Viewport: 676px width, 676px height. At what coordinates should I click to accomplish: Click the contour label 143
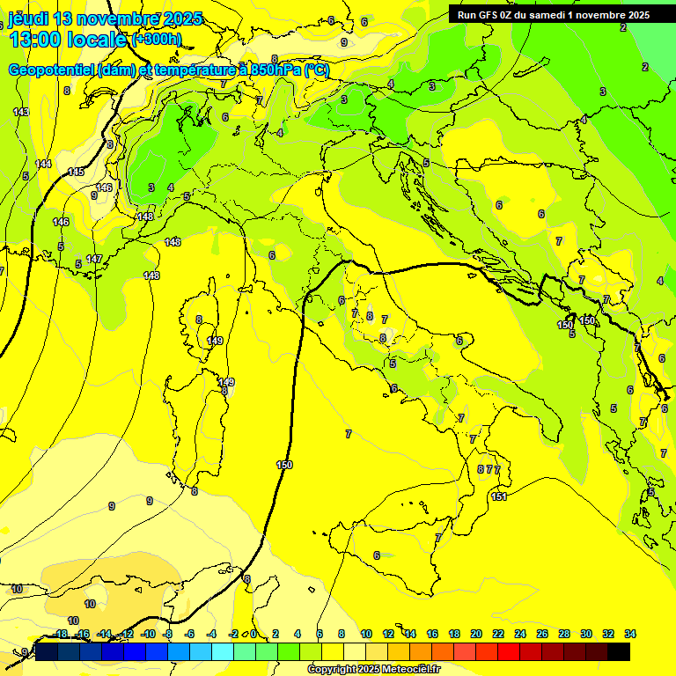tap(21, 112)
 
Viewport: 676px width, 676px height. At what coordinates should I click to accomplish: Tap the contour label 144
tap(43, 164)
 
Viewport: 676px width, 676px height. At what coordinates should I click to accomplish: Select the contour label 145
tap(76, 172)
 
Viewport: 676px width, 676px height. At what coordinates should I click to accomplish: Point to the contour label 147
tap(94, 259)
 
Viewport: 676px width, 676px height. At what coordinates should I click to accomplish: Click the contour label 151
tap(499, 497)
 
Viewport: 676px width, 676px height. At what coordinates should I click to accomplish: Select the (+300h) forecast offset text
tap(156, 39)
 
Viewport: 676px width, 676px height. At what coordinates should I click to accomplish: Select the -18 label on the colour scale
tap(60, 634)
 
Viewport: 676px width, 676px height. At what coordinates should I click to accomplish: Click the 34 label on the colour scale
tap(630, 634)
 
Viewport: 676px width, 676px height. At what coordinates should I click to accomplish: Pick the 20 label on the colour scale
tap(476, 634)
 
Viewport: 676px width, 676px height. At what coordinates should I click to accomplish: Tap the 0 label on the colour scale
tap(253, 634)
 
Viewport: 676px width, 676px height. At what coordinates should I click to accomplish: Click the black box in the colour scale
tap(619, 651)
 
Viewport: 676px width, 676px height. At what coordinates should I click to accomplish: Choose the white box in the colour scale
tap(355, 651)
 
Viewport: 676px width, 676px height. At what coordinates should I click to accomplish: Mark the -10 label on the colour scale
tap(148, 634)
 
